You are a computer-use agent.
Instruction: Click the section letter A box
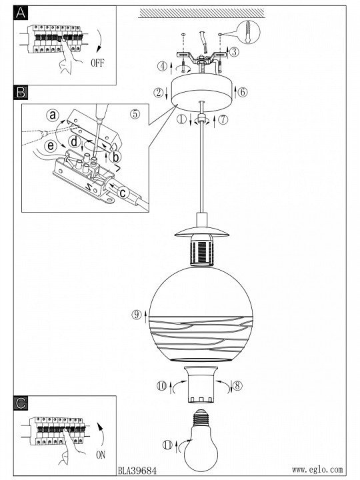(21, 13)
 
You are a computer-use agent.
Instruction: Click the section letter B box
(21, 92)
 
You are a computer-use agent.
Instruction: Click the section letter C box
(21, 403)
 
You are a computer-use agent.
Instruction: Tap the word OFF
(97, 63)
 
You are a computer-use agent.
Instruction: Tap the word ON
(101, 455)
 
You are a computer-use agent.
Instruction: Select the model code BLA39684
(137, 470)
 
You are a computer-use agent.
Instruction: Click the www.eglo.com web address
(317, 469)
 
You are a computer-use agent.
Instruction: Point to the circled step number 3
(234, 52)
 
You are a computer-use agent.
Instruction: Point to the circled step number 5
(135, 114)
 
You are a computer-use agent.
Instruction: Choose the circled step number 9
(137, 315)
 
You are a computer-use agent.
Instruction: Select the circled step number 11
(167, 445)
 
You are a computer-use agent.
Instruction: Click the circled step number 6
(243, 92)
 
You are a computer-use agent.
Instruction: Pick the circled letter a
(53, 115)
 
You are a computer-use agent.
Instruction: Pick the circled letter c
(123, 193)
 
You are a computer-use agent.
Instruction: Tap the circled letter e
(51, 145)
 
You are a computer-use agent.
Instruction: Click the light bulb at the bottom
(201, 441)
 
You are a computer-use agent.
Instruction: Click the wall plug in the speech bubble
(247, 33)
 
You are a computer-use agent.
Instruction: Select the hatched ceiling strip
(201, 13)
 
